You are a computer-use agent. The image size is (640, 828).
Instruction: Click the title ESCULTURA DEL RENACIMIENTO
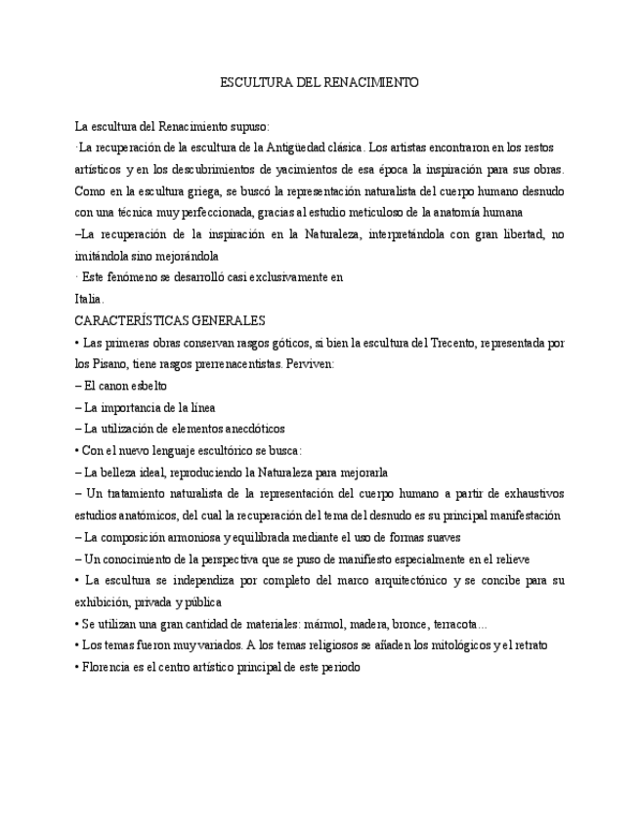(320, 83)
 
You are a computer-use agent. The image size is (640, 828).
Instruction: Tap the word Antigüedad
(301, 147)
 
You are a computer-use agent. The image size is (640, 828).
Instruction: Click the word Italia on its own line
(89, 299)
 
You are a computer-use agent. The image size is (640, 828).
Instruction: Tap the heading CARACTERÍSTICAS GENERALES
(169, 320)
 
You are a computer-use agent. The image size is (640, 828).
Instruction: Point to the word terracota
(452, 624)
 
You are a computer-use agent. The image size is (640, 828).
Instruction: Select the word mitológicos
(453, 645)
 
